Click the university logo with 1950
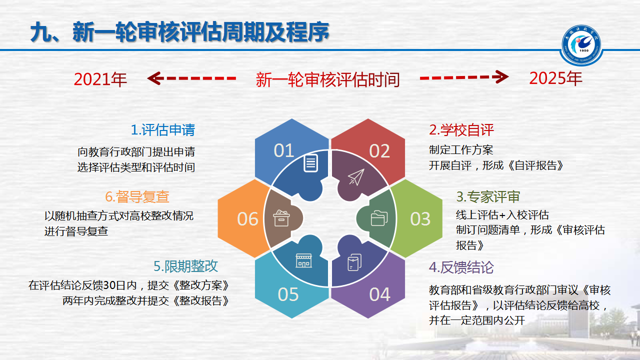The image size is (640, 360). [x=581, y=45]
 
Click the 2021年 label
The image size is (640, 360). [x=100, y=79]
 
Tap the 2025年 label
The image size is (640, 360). [x=555, y=78]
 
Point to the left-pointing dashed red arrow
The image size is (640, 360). [x=191, y=78]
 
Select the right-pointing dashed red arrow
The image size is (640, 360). [x=464, y=77]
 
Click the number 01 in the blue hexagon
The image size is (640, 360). [x=283, y=150]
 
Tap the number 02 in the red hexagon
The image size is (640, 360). [x=379, y=151]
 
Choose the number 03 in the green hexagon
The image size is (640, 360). [x=420, y=219]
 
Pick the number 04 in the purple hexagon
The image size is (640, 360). [x=379, y=294]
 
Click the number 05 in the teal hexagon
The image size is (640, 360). [x=288, y=294]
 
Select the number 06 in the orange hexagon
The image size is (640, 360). [x=247, y=219]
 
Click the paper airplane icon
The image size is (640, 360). [x=356, y=177]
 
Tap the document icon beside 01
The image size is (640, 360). [x=310, y=163]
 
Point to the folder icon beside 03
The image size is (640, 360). [x=379, y=218]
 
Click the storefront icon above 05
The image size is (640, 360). [x=303, y=260]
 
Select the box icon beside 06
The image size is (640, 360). [x=281, y=218]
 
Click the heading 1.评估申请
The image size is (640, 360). [x=163, y=130]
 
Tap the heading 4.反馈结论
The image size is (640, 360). [x=461, y=267]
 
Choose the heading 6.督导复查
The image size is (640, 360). [x=137, y=196]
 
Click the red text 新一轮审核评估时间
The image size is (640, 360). [x=327, y=79]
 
